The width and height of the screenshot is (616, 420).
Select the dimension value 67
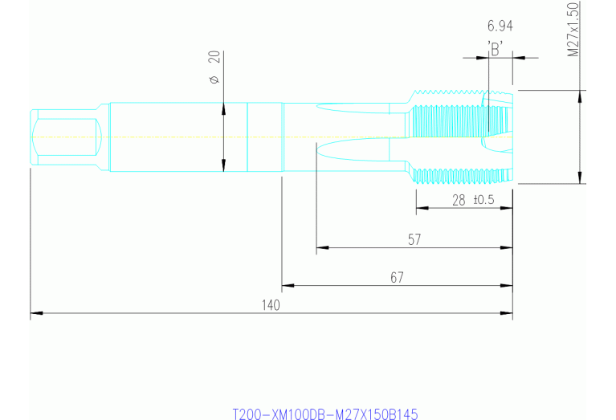pyautogui.click(x=397, y=277)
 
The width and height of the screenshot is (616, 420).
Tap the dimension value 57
pyautogui.click(x=414, y=239)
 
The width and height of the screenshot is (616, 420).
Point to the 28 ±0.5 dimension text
pyautogui.click(x=471, y=200)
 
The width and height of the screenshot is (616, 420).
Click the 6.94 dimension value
pyautogui.click(x=500, y=27)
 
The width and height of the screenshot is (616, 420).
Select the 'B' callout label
pyautogui.click(x=496, y=48)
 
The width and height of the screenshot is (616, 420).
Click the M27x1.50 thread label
pyautogui.click(x=573, y=30)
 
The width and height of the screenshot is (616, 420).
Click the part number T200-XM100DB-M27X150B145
pyautogui.click(x=325, y=414)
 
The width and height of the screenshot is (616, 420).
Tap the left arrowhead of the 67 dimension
pyautogui.click(x=287, y=285)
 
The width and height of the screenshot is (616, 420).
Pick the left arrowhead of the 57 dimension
pyautogui.click(x=322, y=247)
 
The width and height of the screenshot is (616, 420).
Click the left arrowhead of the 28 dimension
pyautogui.click(x=421, y=208)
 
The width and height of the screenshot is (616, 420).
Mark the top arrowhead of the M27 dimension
pyautogui.click(x=580, y=95)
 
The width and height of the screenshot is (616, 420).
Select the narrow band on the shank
pyautogui.click(x=265, y=137)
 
